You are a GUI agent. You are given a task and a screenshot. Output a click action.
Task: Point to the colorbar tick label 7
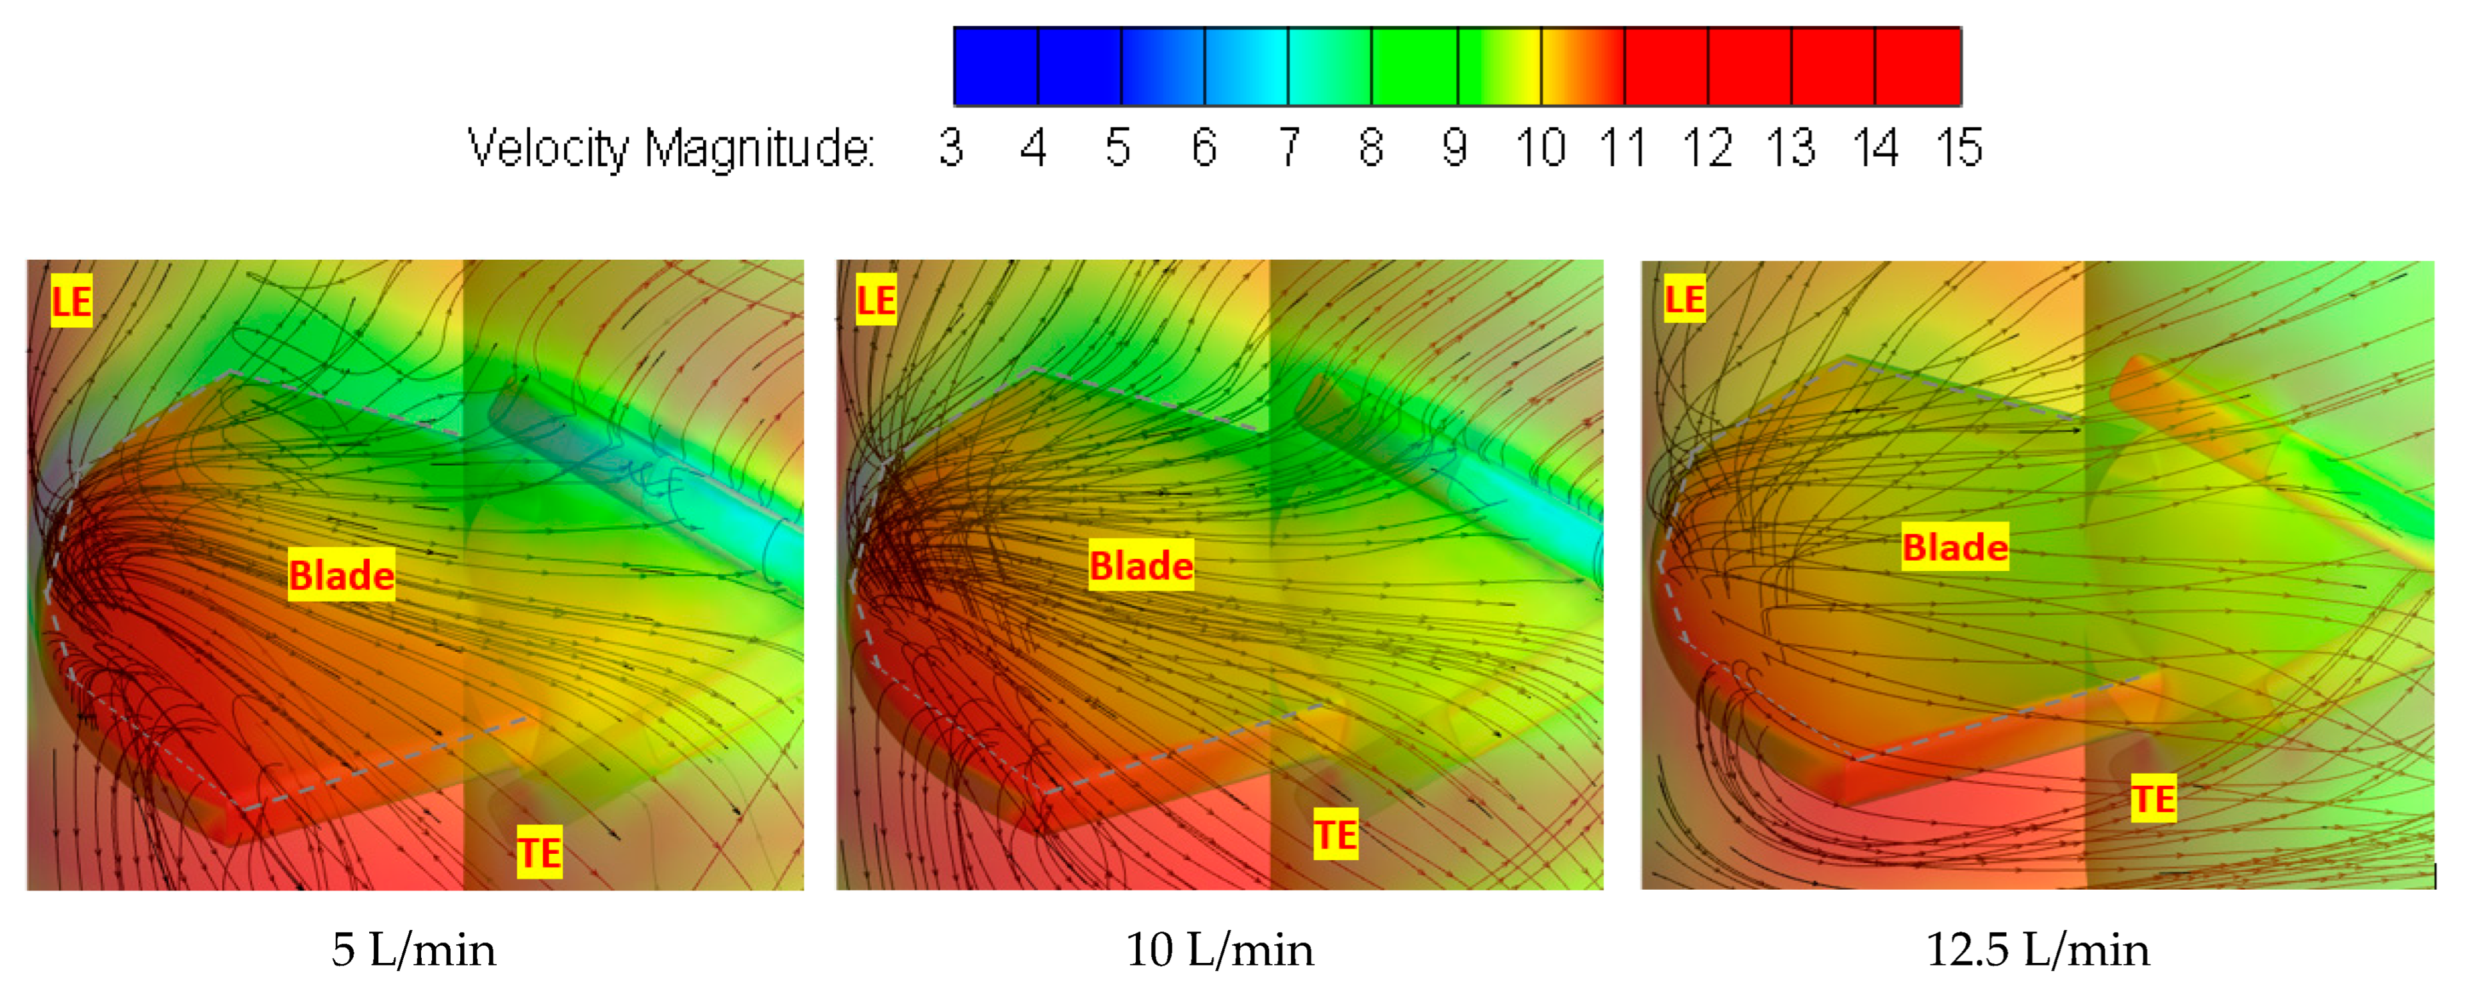coord(1289,149)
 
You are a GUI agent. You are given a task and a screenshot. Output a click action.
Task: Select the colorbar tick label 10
coord(1540,149)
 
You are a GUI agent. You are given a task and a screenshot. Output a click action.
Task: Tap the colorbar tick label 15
coord(1959,149)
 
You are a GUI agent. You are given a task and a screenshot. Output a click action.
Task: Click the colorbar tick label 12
coord(1707,149)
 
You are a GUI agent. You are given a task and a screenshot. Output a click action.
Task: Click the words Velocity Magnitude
coord(670,149)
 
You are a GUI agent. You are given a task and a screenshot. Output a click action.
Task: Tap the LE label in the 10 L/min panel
coord(876,300)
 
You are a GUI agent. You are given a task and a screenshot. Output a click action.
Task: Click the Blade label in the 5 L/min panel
coord(342,575)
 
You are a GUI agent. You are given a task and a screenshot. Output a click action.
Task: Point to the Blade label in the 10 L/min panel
coord(1142,565)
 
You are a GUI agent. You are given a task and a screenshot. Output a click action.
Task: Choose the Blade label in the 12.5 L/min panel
coord(1955,547)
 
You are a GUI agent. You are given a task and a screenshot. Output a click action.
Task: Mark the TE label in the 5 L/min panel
coord(539,852)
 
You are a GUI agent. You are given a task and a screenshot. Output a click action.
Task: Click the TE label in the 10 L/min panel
coord(1335,834)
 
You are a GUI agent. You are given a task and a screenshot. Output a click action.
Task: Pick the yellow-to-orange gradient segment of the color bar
coord(1582,66)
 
